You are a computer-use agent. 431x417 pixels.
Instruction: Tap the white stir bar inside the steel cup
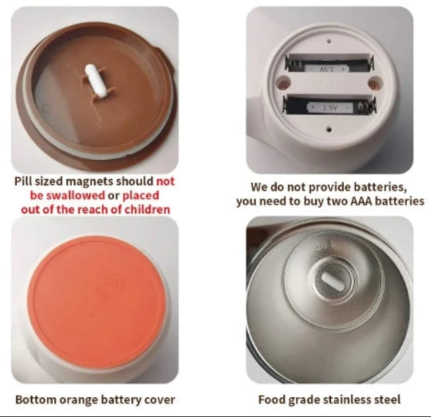point(332,281)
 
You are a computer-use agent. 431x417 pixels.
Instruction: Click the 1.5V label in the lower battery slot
point(330,107)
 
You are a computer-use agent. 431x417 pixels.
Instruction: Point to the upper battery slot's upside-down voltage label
point(326,68)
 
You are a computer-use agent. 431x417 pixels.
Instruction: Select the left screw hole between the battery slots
point(283,82)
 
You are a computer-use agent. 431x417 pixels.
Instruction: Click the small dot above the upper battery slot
point(328,42)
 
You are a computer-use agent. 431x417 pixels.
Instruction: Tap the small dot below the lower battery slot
point(330,129)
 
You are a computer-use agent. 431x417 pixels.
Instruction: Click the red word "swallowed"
point(67,196)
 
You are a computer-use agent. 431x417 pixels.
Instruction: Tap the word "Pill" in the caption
point(24,182)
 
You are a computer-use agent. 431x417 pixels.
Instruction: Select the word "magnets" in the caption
point(89,182)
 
